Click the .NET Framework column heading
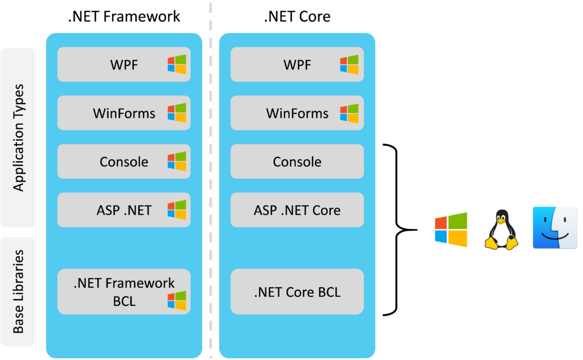(x=124, y=17)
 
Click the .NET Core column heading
(x=297, y=17)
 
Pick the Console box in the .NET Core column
(x=297, y=161)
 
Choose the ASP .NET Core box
(x=297, y=210)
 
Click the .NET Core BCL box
(x=297, y=292)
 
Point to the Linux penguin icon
(x=501, y=230)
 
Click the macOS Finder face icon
(x=555, y=228)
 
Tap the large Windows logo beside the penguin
(x=451, y=230)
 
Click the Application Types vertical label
(x=18, y=138)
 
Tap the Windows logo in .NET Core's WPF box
(x=350, y=64)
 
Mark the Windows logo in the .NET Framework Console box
(x=176, y=161)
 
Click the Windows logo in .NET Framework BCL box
(x=176, y=300)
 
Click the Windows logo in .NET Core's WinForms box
(x=350, y=113)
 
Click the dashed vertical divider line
(x=211, y=171)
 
